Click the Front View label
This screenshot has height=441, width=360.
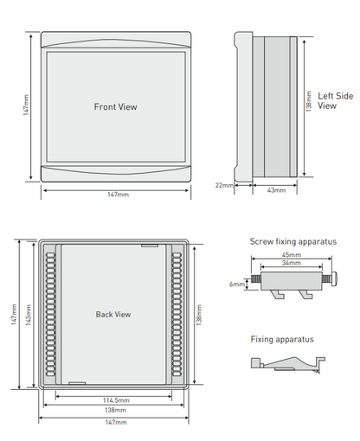[115, 107]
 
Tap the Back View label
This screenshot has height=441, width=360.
[113, 314]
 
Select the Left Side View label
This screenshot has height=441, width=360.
[336, 100]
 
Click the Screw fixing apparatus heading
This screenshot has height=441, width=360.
[293, 241]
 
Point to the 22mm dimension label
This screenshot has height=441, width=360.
[224, 185]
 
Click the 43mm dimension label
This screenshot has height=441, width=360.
[276, 190]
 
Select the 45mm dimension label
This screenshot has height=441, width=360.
[292, 255]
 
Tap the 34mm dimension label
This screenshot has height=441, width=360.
[292, 263]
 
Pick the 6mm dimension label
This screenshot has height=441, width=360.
[237, 284]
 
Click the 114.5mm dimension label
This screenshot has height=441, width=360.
[116, 400]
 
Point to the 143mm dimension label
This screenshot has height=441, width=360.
[29, 315]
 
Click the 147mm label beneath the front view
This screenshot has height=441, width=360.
[119, 195]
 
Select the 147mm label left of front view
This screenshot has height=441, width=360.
[26, 105]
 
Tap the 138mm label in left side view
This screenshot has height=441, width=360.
[309, 101]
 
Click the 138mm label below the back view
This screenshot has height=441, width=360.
[115, 410]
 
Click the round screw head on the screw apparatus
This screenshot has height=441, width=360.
[334, 278]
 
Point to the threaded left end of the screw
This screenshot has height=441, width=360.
[256, 278]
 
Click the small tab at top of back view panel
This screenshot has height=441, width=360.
[150, 246]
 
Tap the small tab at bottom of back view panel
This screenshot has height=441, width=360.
[77, 383]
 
